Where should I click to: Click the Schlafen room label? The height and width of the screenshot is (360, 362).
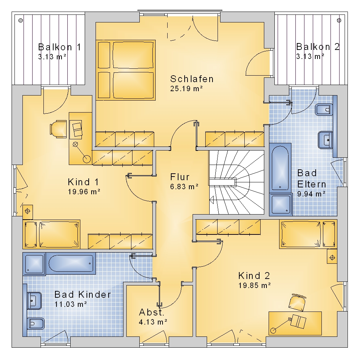[192, 79]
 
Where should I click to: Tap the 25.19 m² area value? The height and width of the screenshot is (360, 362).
[186, 88]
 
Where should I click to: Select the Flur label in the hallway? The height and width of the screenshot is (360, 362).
[180, 177]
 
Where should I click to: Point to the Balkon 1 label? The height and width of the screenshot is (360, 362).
[60, 47]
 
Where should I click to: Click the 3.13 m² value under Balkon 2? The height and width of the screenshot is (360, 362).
[310, 56]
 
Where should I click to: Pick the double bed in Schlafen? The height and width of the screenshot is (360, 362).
[126, 70]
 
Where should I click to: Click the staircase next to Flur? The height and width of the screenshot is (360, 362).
[236, 182]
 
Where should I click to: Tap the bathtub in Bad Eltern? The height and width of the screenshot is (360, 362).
[280, 168]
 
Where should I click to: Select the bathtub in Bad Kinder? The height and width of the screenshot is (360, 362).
[71, 263]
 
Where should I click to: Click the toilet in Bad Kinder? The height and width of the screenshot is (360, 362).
[35, 323]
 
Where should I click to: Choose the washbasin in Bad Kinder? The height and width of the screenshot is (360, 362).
[34, 301]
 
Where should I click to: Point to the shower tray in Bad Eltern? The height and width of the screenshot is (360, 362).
[281, 204]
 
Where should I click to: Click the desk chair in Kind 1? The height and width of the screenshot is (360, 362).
[58, 129]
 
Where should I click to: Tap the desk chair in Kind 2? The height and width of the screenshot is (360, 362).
[297, 302]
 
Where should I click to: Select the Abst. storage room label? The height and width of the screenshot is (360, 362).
[151, 312]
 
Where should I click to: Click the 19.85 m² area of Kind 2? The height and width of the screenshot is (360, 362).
[254, 285]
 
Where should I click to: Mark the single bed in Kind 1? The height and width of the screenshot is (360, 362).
[51, 234]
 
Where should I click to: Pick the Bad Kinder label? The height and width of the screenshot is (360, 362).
[83, 295]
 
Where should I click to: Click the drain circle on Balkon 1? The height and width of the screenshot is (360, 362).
[21, 21]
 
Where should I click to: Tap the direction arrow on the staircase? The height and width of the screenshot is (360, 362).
[211, 200]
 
